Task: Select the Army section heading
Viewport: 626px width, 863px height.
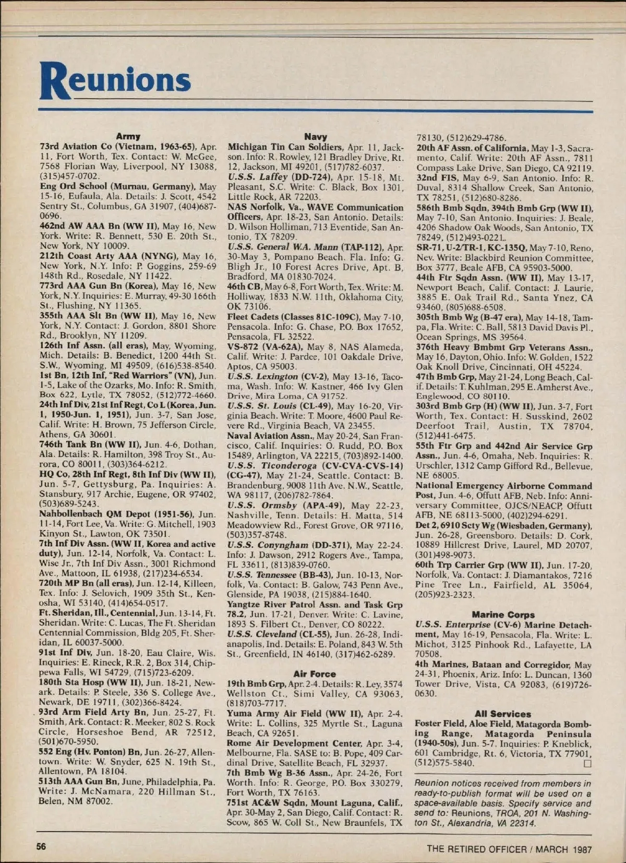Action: (x=128, y=136)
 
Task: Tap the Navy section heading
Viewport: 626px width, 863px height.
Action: (x=315, y=136)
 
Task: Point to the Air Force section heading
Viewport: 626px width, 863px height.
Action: (x=315, y=674)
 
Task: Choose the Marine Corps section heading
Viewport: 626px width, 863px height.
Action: (x=503, y=614)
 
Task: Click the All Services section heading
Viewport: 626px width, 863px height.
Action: (x=503, y=713)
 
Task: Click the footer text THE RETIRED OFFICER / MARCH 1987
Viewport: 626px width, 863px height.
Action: (x=509, y=849)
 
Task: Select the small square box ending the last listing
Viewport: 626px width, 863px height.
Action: (x=588, y=763)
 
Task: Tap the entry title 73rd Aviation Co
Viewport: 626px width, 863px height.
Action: (x=117, y=147)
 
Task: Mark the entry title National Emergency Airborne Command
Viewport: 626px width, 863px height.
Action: (x=504, y=486)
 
